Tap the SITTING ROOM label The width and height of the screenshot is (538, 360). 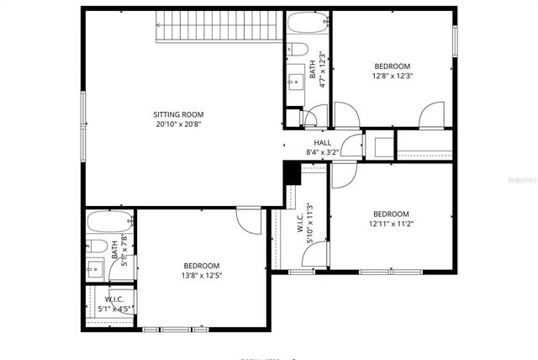click(x=178, y=114)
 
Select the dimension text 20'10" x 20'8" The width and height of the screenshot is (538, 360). click(x=178, y=124)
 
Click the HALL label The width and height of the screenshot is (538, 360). click(x=322, y=143)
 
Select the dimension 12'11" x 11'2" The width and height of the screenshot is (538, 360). click(x=391, y=224)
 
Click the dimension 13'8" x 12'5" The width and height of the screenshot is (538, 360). click(x=202, y=275)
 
